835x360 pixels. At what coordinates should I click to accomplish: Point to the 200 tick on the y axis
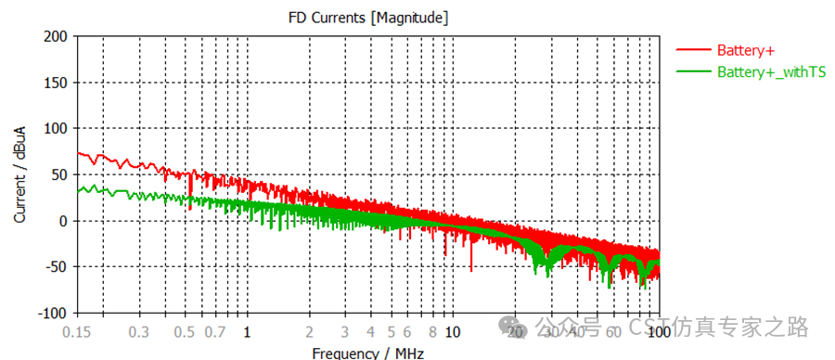(58, 36)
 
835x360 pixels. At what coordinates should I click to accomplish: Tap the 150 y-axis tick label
(58, 83)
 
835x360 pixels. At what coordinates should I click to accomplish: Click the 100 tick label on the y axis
(58, 128)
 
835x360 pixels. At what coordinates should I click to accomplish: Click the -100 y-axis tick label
(54, 313)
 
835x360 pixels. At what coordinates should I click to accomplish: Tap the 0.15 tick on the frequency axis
(78, 331)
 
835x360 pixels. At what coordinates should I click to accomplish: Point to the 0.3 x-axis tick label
(139, 331)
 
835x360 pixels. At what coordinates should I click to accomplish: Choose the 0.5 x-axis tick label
(185, 331)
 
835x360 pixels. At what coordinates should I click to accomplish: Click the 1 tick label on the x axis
(247, 331)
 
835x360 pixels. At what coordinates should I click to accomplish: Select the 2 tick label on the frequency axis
(309, 331)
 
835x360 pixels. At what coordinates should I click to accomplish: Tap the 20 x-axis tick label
(515, 331)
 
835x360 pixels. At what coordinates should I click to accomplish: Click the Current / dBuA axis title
(19, 174)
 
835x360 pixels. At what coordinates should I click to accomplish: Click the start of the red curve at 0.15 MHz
(79, 152)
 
